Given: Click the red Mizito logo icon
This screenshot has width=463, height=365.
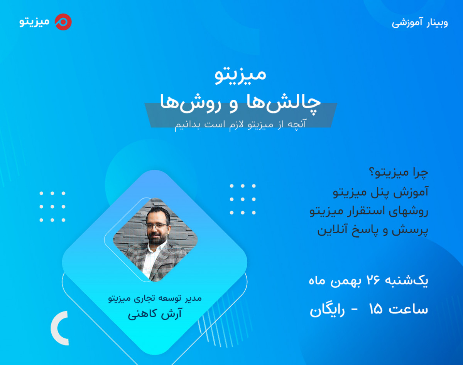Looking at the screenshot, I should [63, 22].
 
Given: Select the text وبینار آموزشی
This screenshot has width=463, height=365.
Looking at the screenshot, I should [420, 22].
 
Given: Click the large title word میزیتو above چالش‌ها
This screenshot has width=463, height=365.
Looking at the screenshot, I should [240, 74].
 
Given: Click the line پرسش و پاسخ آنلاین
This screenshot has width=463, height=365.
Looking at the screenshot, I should [373, 230].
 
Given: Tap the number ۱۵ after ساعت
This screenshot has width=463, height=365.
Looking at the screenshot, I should [375, 310].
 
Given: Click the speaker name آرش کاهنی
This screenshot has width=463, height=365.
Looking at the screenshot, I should [155, 314].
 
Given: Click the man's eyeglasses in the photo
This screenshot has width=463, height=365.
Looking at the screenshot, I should [157, 225].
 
